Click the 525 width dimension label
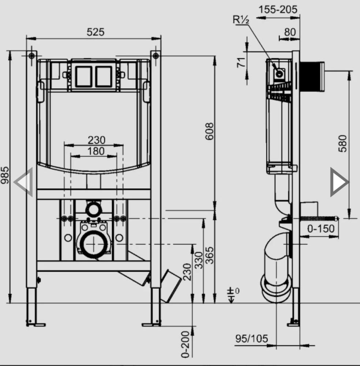(95, 32)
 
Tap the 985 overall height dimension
(5, 175)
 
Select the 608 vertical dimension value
(209, 131)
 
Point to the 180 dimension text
(96, 151)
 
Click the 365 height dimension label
(209, 255)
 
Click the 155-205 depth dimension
(278, 10)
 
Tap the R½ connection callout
(241, 20)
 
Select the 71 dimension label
(241, 62)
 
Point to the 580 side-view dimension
(342, 143)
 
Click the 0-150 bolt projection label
(321, 228)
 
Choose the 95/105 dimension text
(251, 339)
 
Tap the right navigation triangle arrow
(340, 182)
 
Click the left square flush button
(83, 76)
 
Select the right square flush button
(104, 76)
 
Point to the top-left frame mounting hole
(31, 56)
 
